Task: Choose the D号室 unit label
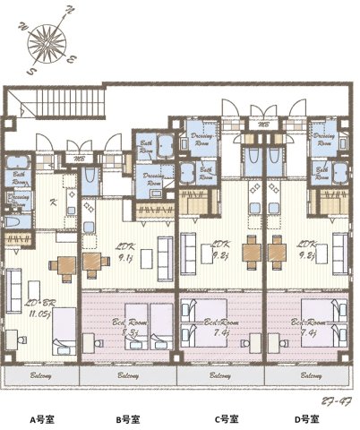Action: tap(308, 418)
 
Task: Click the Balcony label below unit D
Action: tap(306, 376)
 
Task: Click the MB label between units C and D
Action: tap(263, 125)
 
